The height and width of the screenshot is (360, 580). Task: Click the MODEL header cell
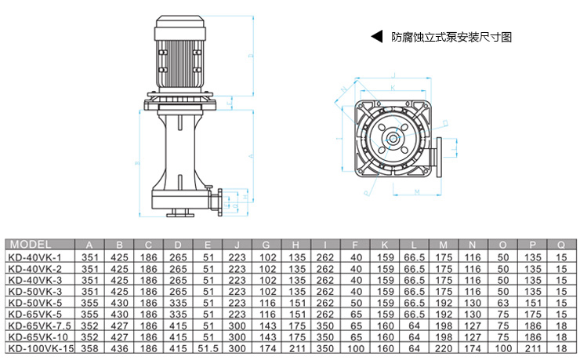click(x=31, y=244)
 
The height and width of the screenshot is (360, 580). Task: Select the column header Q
click(x=561, y=244)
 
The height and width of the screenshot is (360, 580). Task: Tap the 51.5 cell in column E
click(x=208, y=347)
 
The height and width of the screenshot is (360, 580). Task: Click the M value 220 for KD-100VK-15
click(x=444, y=347)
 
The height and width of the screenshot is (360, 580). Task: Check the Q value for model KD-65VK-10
click(x=561, y=336)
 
